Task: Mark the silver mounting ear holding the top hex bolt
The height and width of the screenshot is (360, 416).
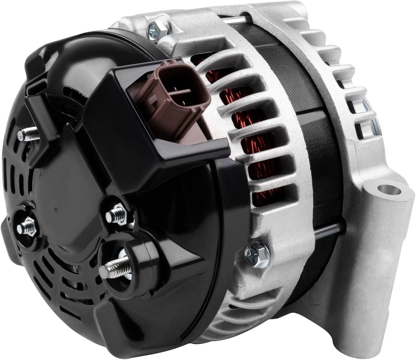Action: [x=139, y=25]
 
